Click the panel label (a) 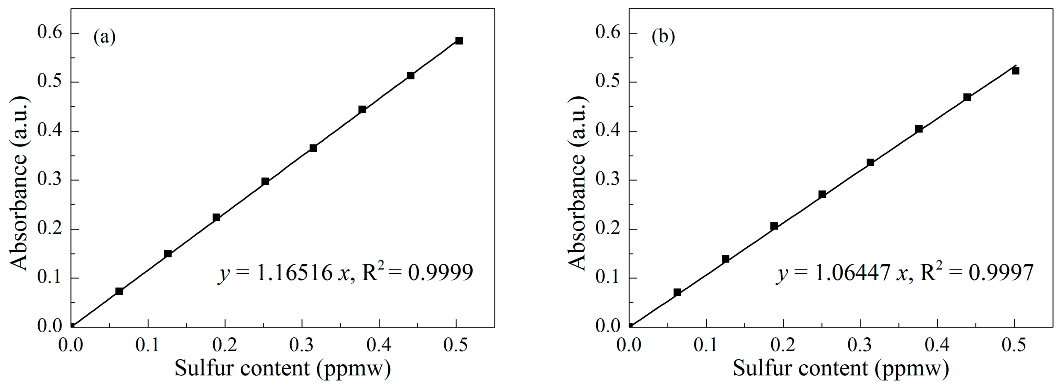point(104,37)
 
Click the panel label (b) point(663,37)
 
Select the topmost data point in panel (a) point(459,40)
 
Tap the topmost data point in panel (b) point(1015,71)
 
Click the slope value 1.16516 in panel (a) point(294,272)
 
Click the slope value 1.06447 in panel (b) point(852,272)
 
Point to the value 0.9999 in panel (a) point(440,272)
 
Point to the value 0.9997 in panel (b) point(1001,272)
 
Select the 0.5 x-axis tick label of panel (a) point(456,345)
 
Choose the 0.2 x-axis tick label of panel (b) point(783,345)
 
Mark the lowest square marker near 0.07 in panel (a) point(119,291)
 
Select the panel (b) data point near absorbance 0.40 point(919,129)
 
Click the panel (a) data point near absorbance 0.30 point(265,181)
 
